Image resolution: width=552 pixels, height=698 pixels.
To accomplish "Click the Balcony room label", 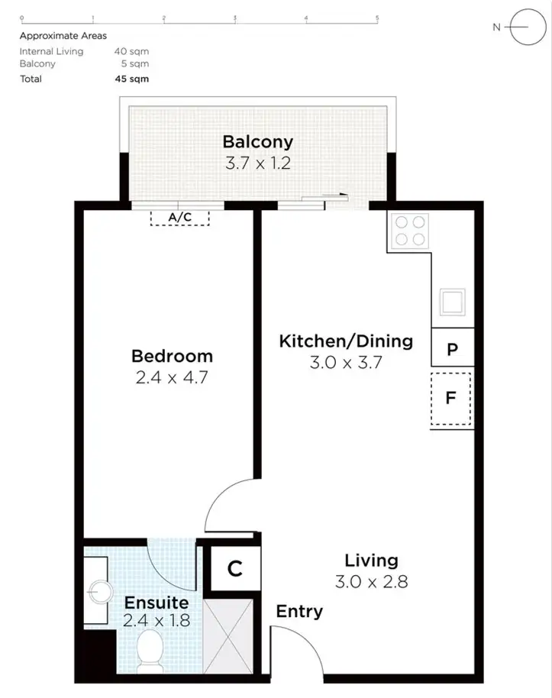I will (257, 142).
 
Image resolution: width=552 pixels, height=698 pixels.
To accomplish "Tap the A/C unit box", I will (179, 218).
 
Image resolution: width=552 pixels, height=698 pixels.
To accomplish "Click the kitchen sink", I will (452, 302).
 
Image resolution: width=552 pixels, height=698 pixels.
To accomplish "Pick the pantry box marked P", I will (452, 350).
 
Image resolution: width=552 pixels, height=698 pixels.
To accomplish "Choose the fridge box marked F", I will (451, 398).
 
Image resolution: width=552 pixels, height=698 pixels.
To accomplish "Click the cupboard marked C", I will (234, 569).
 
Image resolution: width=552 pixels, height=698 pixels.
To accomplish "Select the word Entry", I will (299, 612).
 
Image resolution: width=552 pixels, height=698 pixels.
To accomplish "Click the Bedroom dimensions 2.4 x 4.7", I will (172, 376).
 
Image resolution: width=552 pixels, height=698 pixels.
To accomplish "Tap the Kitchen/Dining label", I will (346, 341).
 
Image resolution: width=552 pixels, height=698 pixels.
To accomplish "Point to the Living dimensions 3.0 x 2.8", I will (371, 582).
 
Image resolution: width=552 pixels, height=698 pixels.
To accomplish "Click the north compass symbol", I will (521, 27).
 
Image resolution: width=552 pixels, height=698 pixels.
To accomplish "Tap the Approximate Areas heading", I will (63, 36).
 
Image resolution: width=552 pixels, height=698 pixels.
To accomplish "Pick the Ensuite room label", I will (157, 603).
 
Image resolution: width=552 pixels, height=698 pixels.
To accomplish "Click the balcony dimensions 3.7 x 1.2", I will (257, 163).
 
